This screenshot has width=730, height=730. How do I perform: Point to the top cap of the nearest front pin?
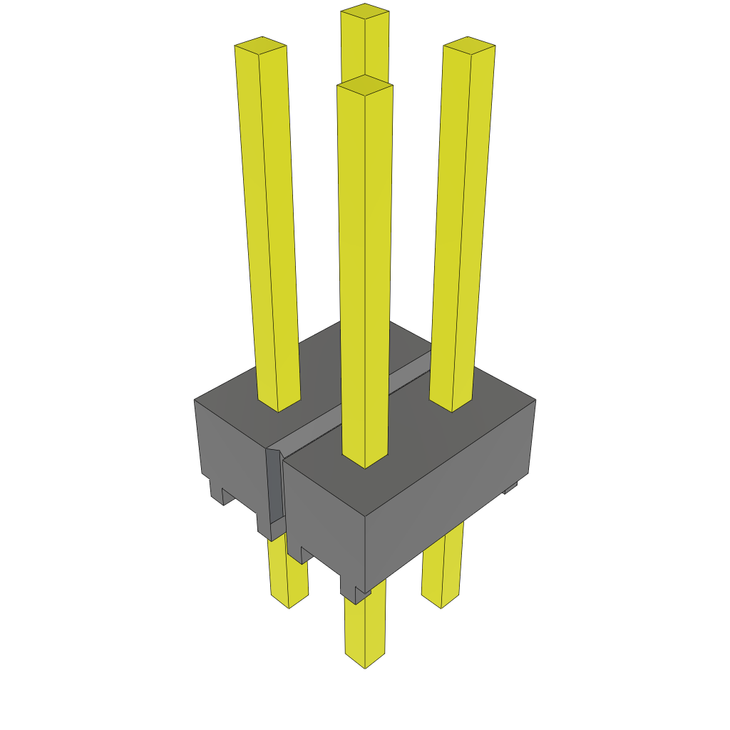click(364, 85)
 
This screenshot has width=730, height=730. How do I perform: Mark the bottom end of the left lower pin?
click(289, 602)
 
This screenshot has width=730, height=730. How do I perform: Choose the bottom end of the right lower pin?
click(441, 602)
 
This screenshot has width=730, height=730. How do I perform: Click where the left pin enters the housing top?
click(278, 403)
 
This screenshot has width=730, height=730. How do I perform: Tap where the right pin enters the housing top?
click(451, 403)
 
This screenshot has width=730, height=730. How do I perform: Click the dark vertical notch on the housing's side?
click(274, 492)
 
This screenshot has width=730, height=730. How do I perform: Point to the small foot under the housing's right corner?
click(510, 488)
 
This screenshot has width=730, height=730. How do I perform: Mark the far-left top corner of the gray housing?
click(195, 400)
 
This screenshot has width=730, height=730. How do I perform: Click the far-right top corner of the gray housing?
click(535, 400)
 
